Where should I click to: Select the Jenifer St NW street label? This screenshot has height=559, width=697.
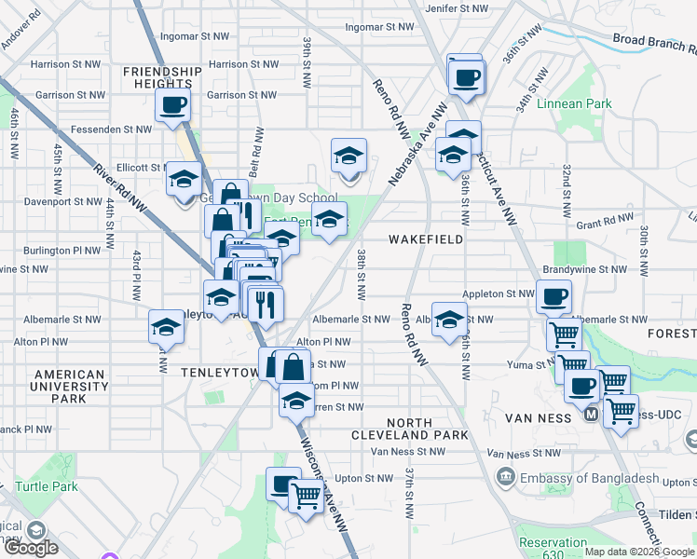[x=457, y=7]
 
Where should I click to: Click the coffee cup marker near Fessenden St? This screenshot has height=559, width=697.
[x=173, y=105]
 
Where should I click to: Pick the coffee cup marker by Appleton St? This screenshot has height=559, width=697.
[x=554, y=298]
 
